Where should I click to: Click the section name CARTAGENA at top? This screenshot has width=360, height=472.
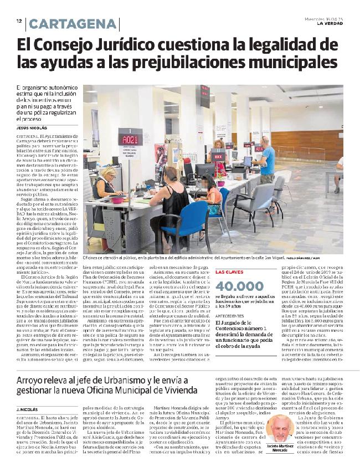click(x=73, y=24)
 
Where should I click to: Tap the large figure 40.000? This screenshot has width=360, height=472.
click(x=239, y=286)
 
